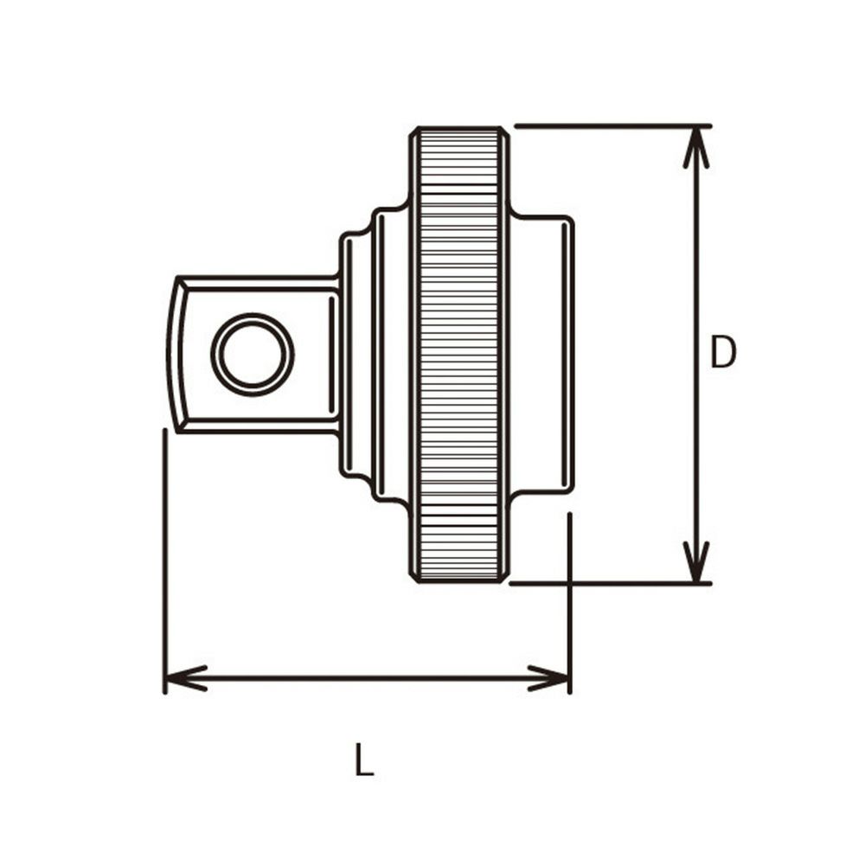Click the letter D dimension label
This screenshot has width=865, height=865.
pyautogui.click(x=722, y=353)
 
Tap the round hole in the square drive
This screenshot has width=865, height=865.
pyautogui.click(x=253, y=354)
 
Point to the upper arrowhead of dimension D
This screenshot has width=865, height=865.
pyautogui.click(x=696, y=147)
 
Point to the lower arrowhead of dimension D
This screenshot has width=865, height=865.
pyautogui.click(x=696, y=562)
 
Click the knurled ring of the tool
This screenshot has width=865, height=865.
pyautogui.click(x=458, y=355)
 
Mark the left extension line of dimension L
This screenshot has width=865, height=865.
pyautogui.click(x=164, y=554)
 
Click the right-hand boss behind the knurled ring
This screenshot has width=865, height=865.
pyautogui.click(x=541, y=355)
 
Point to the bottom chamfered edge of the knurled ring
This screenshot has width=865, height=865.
pyautogui.click(x=458, y=577)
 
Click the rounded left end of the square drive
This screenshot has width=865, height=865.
pyautogui.click(x=176, y=355)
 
